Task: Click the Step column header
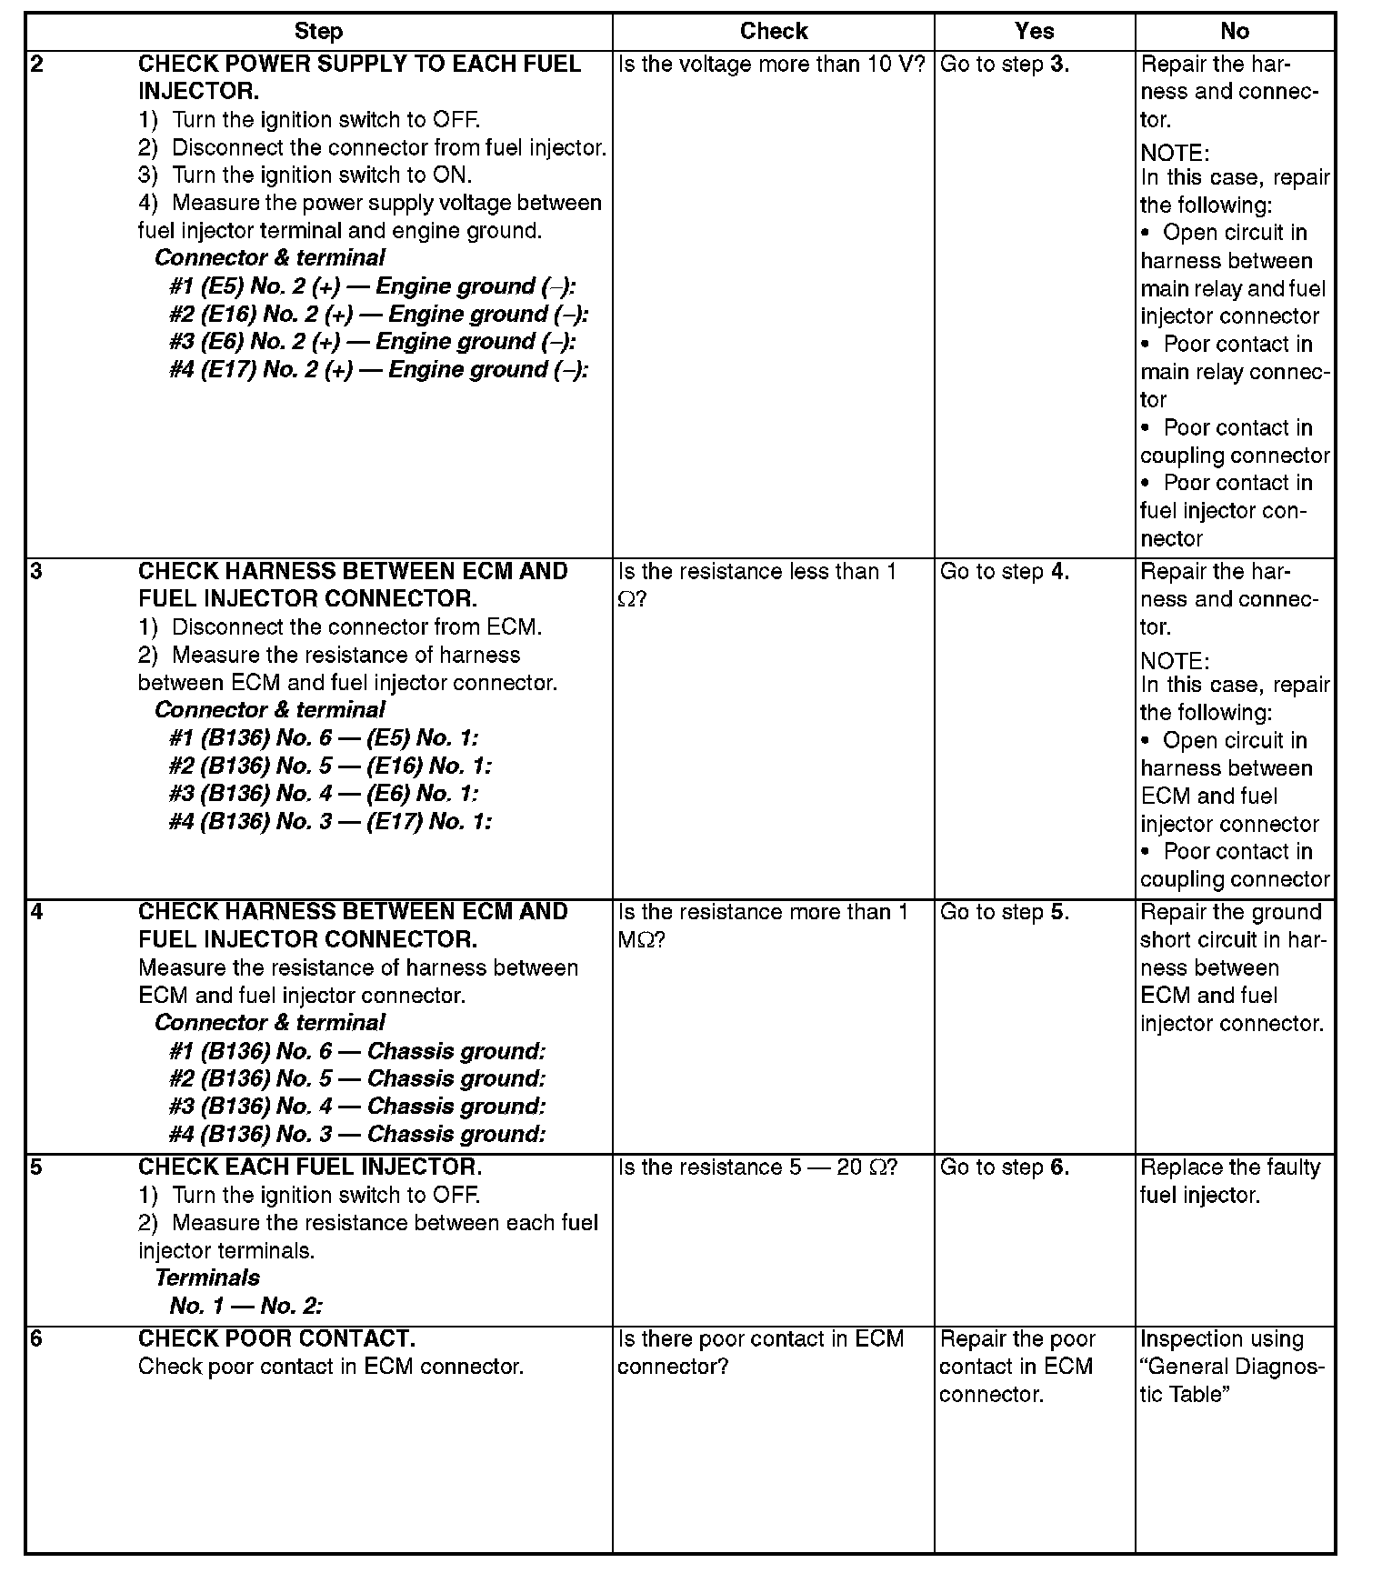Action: coord(318,32)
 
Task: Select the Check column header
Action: coord(774,32)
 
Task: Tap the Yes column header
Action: coord(1034,32)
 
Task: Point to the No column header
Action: coord(1234,32)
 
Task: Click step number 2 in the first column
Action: coord(36,65)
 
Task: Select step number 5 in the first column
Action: coord(36,1167)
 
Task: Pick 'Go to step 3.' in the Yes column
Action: coord(1004,65)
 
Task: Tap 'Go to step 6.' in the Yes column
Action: coord(1004,1167)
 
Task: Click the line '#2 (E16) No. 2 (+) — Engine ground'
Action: coord(378,315)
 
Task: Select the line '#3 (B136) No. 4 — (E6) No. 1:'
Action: coord(323,794)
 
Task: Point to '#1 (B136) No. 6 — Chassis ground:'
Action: coord(356,1051)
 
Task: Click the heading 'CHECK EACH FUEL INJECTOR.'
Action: coord(310,1167)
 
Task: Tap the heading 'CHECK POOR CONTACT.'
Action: coord(276,1338)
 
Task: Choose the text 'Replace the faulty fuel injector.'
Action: coord(1229,1181)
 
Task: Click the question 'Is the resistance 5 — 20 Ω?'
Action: coord(757,1167)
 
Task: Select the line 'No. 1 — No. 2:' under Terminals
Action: coord(245,1307)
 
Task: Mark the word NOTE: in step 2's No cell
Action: coord(1175,153)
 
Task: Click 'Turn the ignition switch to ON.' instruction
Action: coord(321,175)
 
